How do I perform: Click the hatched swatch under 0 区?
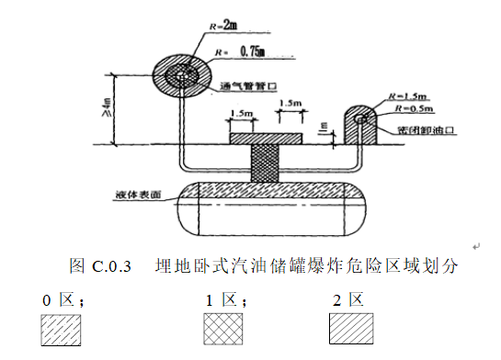[62, 328]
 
